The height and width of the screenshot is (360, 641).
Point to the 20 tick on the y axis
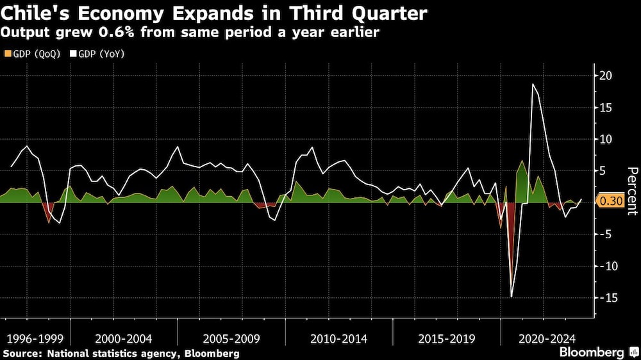pyautogui.click(x=606, y=76)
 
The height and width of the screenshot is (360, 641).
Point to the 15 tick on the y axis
pyautogui.click(x=606, y=108)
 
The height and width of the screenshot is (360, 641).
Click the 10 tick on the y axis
pyautogui.click(x=606, y=139)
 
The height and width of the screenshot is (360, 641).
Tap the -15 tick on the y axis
pyautogui.click(x=604, y=298)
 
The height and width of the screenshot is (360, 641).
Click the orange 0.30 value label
pyautogui.click(x=610, y=201)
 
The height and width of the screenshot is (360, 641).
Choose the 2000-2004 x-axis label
pyautogui.click(x=124, y=338)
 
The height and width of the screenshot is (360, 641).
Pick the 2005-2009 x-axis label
pyautogui.click(x=231, y=338)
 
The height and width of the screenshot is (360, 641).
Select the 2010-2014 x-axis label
pyautogui.click(x=338, y=338)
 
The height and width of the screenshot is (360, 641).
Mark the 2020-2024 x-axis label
pyautogui.click(x=547, y=338)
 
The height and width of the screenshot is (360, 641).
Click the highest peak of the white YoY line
pyautogui.click(x=533, y=84)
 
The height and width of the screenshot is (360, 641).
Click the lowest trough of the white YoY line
pyautogui.click(x=512, y=297)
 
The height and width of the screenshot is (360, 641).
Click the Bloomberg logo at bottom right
pyautogui.click(x=592, y=352)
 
